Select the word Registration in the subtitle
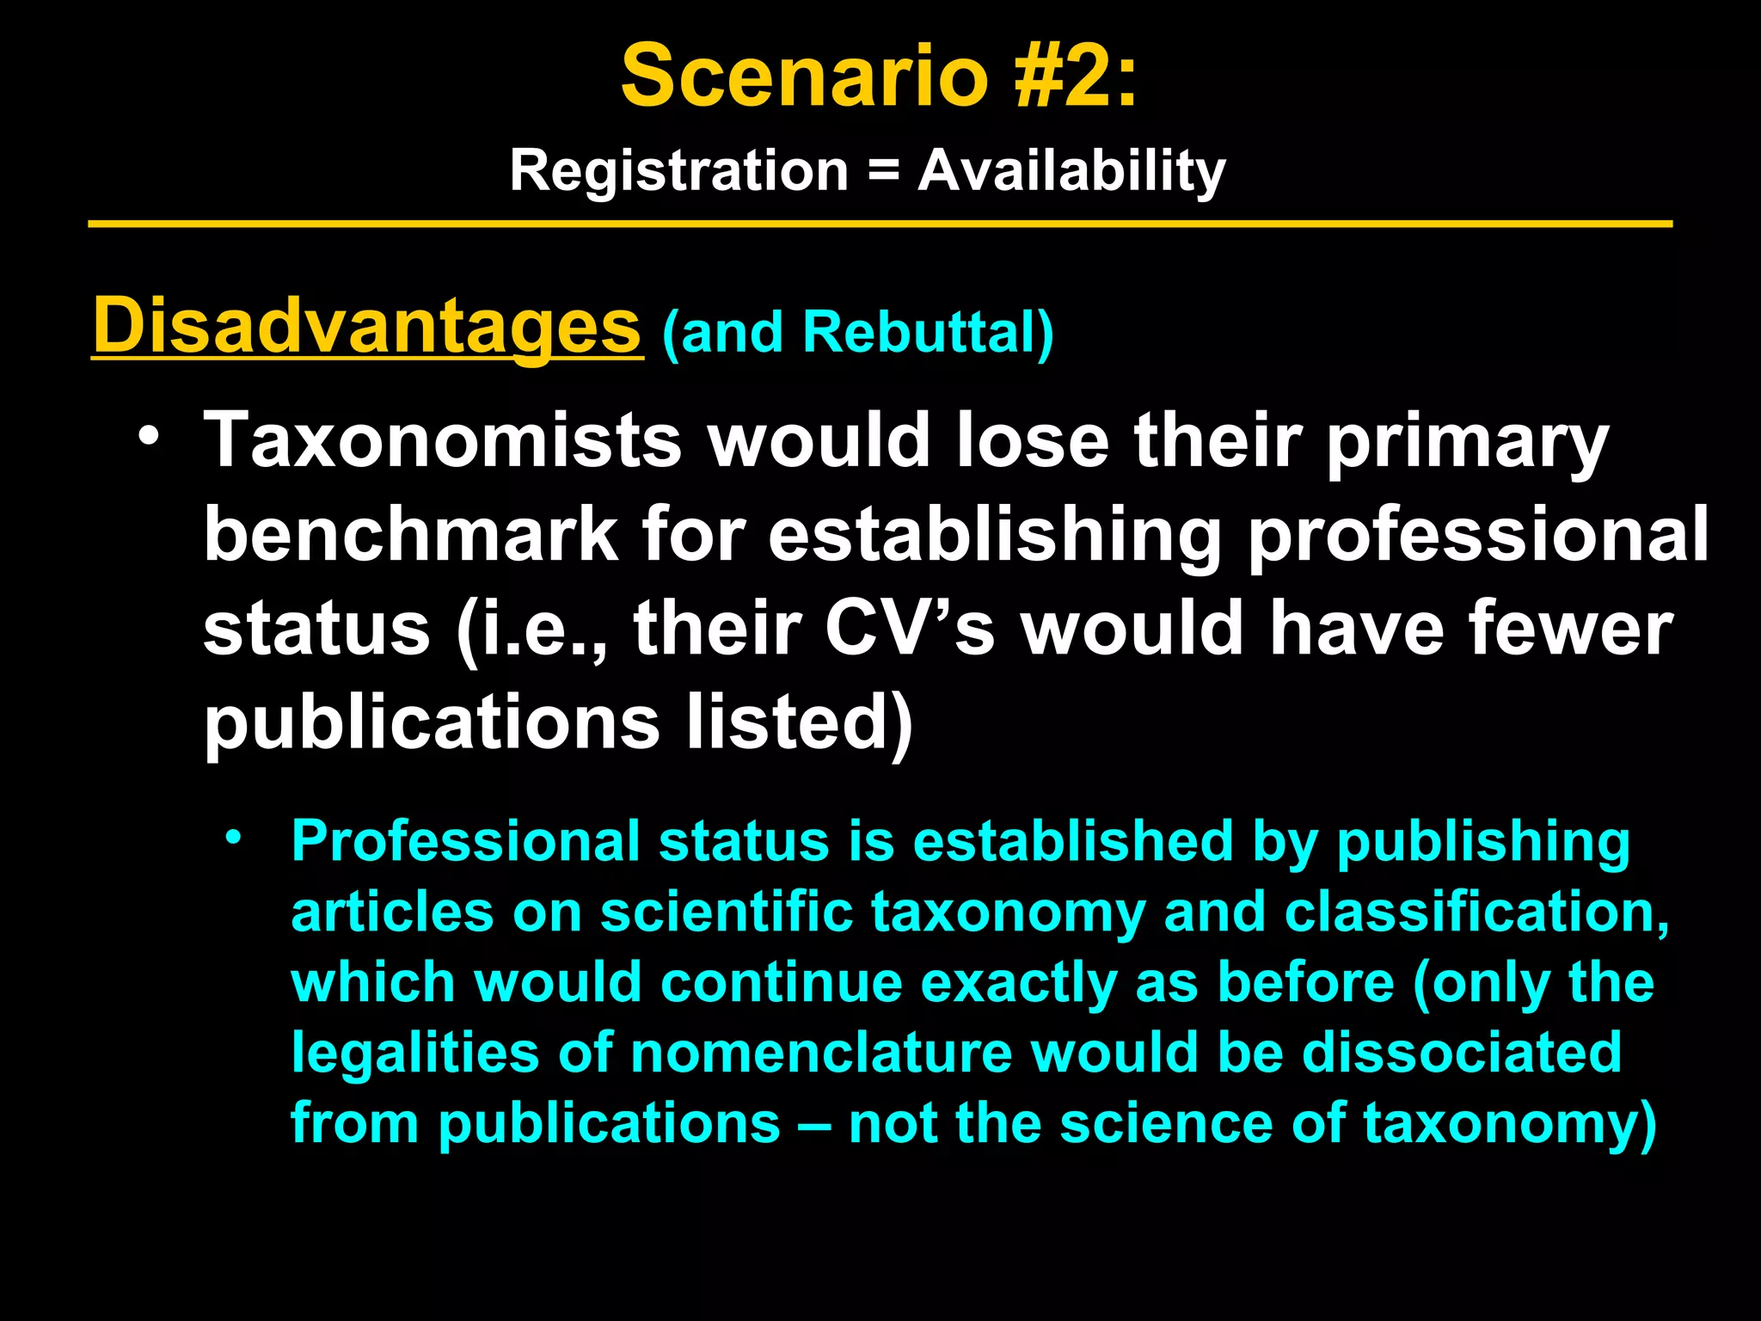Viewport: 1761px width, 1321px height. (x=679, y=170)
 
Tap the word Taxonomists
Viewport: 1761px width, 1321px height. (x=442, y=440)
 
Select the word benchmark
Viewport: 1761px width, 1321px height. (x=411, y=535)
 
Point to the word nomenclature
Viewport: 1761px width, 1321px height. (x=821, y=1053)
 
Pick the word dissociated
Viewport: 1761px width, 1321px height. (x=1462, y=1053)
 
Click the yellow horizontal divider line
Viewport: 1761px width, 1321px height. (x=880, y=224)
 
